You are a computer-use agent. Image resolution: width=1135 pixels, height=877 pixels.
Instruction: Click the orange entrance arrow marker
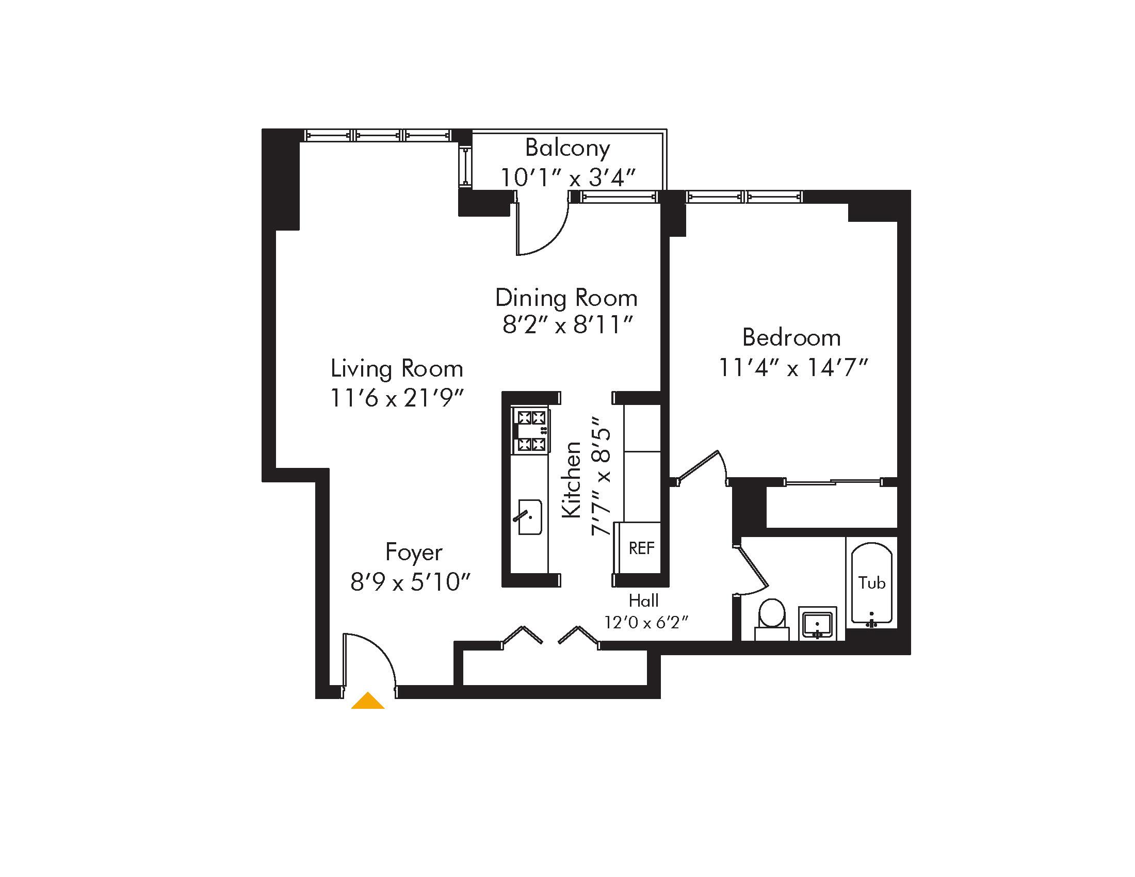coord(368,701)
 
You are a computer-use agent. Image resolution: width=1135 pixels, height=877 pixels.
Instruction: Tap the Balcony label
coord(567,148)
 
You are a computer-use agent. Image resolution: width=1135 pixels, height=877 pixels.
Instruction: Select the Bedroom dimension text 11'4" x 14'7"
coord(793,368)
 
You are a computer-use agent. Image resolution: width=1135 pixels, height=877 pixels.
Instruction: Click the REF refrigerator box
coord(641,548)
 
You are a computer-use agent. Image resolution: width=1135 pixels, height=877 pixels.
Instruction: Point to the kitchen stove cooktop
coord(530,431)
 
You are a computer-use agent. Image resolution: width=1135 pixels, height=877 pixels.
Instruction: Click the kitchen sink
coord(529,517)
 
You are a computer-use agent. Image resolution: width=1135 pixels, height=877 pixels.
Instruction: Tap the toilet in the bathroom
coord(771,616)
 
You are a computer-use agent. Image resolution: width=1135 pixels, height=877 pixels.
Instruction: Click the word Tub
coord(871,583)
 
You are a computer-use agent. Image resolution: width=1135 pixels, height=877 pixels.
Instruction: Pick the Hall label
coord(643,601)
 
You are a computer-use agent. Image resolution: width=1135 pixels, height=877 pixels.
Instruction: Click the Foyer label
coord(414,553)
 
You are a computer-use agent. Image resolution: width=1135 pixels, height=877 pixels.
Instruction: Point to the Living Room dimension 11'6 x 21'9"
coord(397,399)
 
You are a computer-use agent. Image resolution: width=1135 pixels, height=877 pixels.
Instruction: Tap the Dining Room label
coord(566,298)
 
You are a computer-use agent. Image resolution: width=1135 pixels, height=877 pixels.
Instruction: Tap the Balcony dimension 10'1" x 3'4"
coord(567,177)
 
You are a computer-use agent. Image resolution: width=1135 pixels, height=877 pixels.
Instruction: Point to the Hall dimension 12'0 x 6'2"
coord(646,622)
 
